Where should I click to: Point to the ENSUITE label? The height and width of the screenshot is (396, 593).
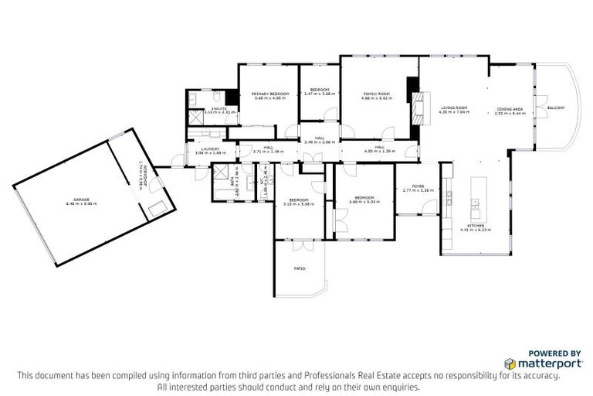click(219, 109)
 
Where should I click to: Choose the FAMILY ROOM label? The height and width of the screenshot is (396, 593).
click(377, 94)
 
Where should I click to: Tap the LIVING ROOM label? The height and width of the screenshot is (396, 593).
click(454, 108)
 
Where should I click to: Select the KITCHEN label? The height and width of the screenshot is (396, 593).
click(475, 225)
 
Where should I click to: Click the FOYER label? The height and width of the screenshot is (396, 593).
click(418, 186)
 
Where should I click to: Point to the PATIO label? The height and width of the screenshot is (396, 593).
click(300, 268)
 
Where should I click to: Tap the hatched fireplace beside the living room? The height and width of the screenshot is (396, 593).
click(420, 108)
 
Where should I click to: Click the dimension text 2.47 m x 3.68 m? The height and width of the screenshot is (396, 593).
click(320, 94)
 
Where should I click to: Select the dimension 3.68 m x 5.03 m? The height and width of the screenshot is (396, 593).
click(364, 202)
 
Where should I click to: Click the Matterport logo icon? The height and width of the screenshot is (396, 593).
click(510, 363)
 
